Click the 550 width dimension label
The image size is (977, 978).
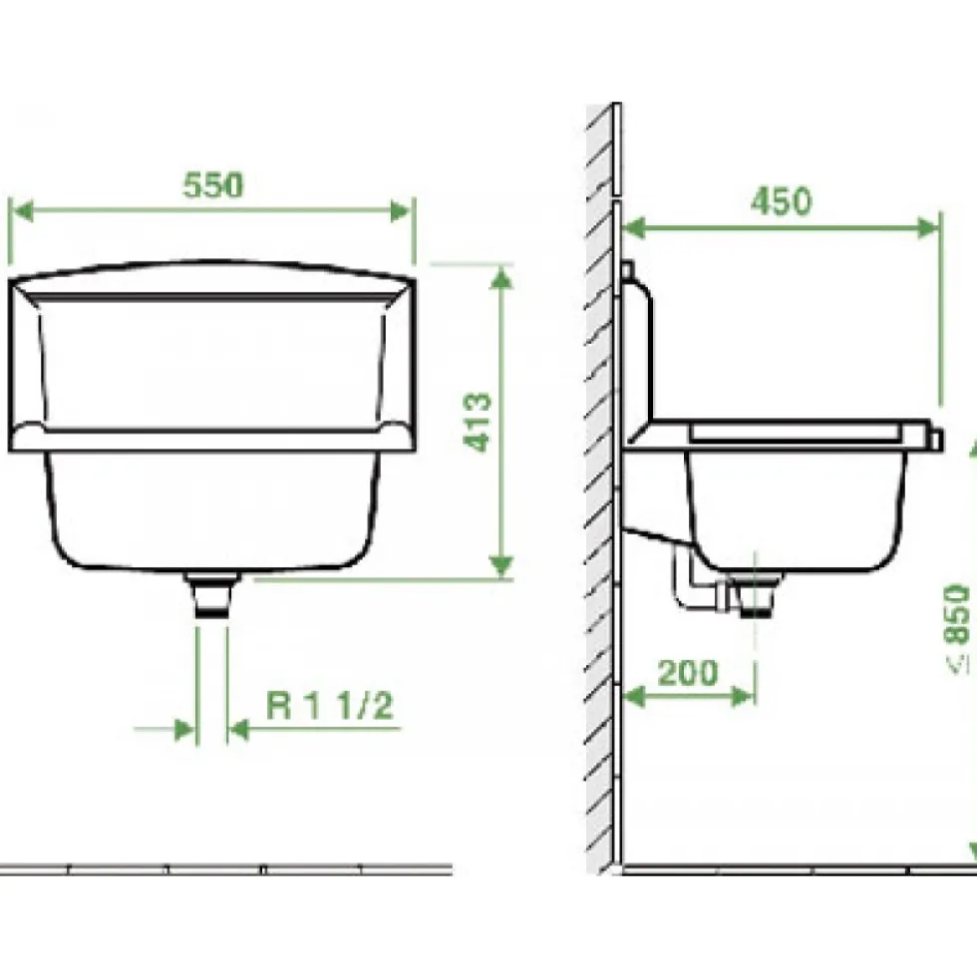pyautogui.click(x=212, y=185)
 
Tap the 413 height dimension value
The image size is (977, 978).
pyautogui.click(x=478, y=422)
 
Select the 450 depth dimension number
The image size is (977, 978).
pyautogui.click(x=781, y=201)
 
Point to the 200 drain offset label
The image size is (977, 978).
pyautogui.click(x=688, y=672)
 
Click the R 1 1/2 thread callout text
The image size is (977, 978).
pyautogui.click(x=330, y=706)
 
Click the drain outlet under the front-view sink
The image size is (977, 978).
pyautogui.click(x=212, y=594)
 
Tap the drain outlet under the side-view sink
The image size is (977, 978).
pyautogui.click(x=756, y=596)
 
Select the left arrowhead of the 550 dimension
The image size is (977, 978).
pyautogui.click(x=23, y=211)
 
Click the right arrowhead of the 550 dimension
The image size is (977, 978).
pyautogui.click(x=401, y=211)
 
